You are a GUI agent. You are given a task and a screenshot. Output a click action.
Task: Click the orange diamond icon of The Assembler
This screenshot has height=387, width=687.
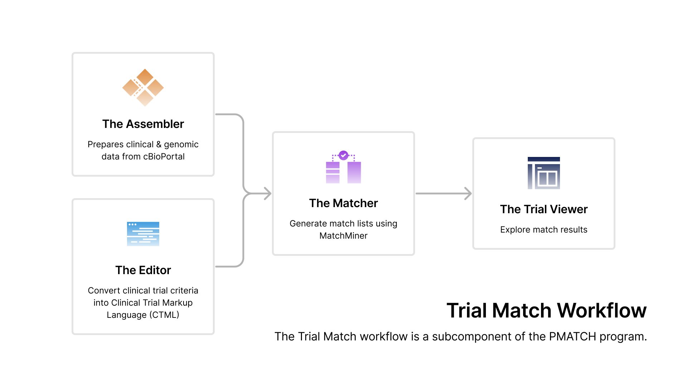pos(143,87)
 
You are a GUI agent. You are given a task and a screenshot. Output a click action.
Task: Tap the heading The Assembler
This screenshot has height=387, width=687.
pos(143,124)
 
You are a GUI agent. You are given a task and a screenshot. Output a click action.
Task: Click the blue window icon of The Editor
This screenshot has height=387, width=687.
pos(143,234)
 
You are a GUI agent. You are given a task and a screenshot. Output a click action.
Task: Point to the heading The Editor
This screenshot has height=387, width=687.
pos(143,270)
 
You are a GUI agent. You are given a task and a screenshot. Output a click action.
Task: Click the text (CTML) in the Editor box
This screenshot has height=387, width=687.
pos(164,315)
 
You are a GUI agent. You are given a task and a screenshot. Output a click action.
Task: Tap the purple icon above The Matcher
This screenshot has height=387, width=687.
pos(343,168)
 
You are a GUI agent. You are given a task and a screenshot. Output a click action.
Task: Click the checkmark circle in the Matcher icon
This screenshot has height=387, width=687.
pos(343,155)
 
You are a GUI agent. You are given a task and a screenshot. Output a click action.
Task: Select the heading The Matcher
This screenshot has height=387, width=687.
pos(343,203)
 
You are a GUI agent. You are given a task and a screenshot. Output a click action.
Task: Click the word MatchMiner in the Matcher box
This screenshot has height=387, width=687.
pos(343,236)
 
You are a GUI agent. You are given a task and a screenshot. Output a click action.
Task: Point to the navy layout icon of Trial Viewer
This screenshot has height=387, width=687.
pos(544,173)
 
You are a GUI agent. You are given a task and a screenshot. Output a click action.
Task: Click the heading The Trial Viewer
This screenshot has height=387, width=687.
pos(544,209)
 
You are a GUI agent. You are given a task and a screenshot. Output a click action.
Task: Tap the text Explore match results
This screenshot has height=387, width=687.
pos(544,230)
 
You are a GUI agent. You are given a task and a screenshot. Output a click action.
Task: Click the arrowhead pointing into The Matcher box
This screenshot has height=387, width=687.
pos(268,193)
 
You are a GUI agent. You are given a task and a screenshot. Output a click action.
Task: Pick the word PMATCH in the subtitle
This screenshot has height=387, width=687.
pos(572,336)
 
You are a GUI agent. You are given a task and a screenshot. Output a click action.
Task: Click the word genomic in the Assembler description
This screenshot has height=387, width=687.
pos(181,144)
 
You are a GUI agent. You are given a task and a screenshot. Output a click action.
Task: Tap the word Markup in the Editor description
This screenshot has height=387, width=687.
pos(177,303)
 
